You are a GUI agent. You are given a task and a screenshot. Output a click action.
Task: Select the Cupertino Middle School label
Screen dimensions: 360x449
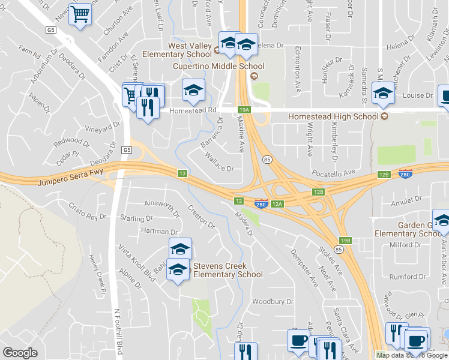pyautogui.click(x=218, y=66)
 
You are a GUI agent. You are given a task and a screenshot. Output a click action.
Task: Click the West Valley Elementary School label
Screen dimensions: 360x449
pyautogui.click(x=181, y=50)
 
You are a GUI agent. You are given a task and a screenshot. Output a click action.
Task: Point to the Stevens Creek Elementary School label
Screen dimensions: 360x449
pyautogui.click(x=228, y=270)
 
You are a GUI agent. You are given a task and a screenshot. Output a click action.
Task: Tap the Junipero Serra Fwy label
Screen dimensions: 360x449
pyautogui.click(x=70, y=176)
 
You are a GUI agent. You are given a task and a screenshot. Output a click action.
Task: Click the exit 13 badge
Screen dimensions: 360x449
pyautogui.click(x=182, y=173)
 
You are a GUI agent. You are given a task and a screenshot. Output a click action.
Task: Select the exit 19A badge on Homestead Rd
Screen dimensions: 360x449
pyautogui.click(x=244, y=110)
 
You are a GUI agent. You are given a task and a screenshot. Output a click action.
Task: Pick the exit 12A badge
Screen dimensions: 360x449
pyautogui.click(x=277, y=204)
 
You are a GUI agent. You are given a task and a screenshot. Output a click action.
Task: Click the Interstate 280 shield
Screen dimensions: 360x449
pyautogui.click(x=261, y=204)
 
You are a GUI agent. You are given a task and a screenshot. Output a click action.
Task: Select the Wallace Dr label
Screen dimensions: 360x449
pyautogui.click(x=218, y=164)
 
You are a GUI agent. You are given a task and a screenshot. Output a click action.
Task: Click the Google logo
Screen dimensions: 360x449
pyautogui.click(x=20, y=353)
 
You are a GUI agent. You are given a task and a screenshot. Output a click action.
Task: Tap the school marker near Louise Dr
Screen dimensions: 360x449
pyautogui.click(x=382, y=92)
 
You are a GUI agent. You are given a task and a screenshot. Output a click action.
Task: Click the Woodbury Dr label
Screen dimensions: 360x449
pyautogui.click(x=273, y=302)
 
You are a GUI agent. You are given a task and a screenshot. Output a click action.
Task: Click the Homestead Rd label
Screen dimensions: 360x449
pyautogui.click(x=192, y=110)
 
